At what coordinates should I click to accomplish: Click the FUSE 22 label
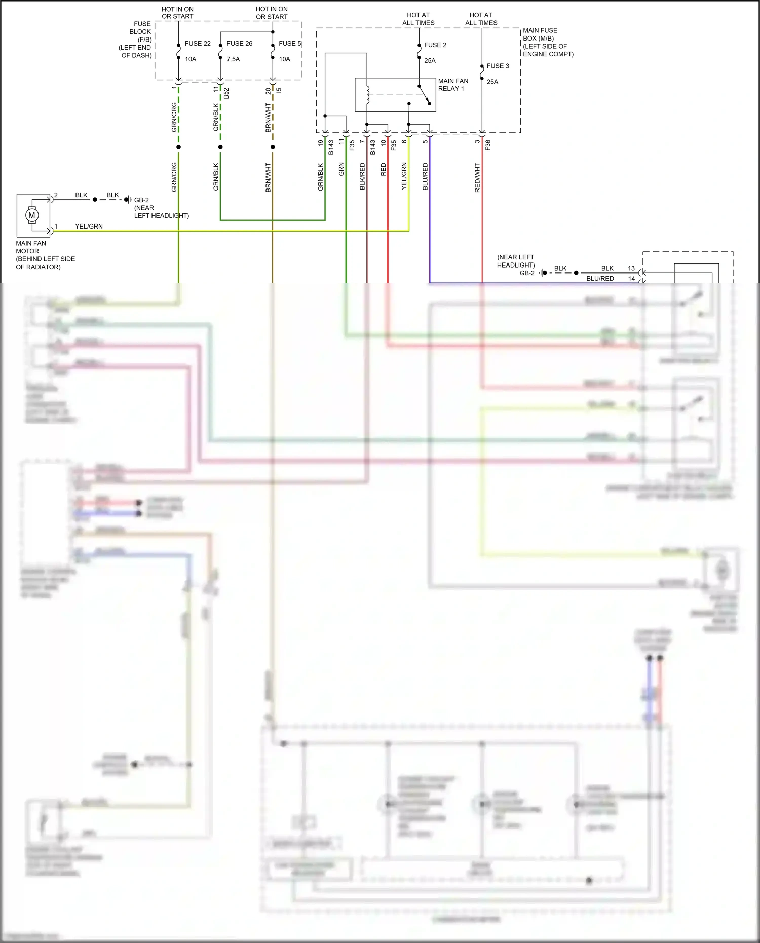point(198,44)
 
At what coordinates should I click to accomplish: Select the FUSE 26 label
point(239,44)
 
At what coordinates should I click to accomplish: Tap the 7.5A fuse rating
point(233,59)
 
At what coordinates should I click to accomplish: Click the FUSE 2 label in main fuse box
point(435,45)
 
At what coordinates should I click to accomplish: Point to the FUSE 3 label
point(498,66)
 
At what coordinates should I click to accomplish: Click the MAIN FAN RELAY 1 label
point(453,85)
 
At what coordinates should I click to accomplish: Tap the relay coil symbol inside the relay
point(368,95)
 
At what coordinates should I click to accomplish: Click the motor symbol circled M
point(32,215)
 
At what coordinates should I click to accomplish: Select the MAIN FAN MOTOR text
point(30,247)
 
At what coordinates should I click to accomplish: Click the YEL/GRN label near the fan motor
point(89,227)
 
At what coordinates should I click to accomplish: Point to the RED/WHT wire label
point(477,177)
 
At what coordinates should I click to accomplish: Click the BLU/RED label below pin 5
point(425,176)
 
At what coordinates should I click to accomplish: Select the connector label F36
point(488,145)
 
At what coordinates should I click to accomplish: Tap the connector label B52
point(226,93)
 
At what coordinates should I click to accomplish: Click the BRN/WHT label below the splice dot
point(268,177)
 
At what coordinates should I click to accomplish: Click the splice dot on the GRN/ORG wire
point(178,147)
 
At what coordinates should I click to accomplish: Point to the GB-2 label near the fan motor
point(141,200)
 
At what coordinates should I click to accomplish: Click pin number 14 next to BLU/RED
point(631,278)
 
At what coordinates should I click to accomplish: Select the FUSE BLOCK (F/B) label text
point(140,31)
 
